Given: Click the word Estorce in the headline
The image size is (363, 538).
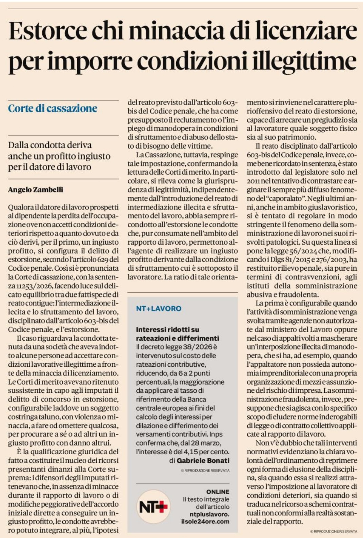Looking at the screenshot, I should tap(47, 31).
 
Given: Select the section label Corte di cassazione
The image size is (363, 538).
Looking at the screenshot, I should tap(53, 109).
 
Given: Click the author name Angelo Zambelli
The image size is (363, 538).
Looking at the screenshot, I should tap(36, 190).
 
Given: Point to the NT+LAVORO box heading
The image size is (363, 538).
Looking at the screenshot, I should tap(159, 309).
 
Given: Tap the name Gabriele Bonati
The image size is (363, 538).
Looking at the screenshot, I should tap(203, 461).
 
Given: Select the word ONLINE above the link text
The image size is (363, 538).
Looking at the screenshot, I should tap(218, 492).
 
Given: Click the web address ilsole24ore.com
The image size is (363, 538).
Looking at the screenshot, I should tap(205, 521).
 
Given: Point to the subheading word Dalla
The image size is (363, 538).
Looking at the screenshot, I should tap(19, 145).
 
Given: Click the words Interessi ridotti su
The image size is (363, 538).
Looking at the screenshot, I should tap(167, 329).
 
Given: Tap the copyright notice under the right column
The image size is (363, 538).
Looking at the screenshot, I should tap(334, 531).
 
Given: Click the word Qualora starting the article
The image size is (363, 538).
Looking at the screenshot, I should tap(20, 207).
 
